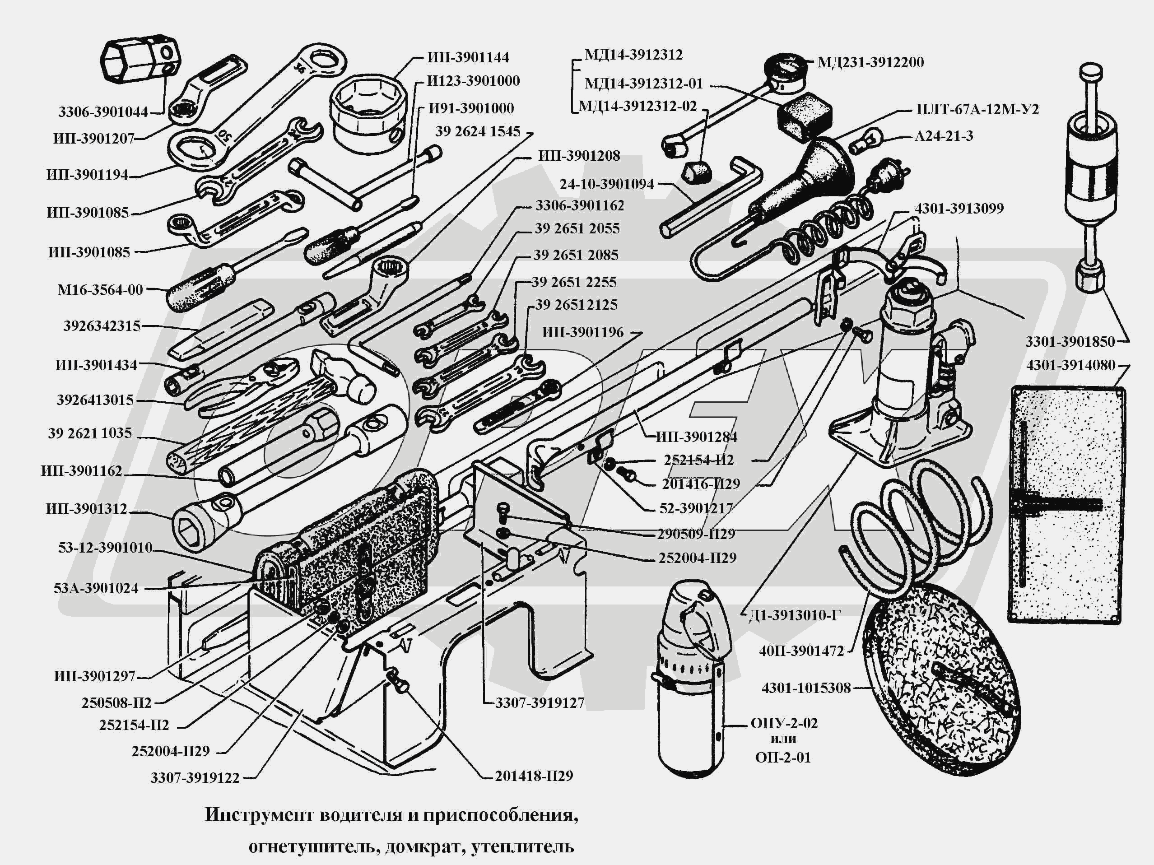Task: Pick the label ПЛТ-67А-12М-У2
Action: coord(977,110)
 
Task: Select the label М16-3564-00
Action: coord(100,290)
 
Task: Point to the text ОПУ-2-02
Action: coord(784,723)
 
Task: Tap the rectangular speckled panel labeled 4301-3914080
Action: coord(1066,503)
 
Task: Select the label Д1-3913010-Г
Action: coord(795,616)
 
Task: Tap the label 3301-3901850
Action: coord(1070,342)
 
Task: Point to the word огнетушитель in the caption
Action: coord(312,846)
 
